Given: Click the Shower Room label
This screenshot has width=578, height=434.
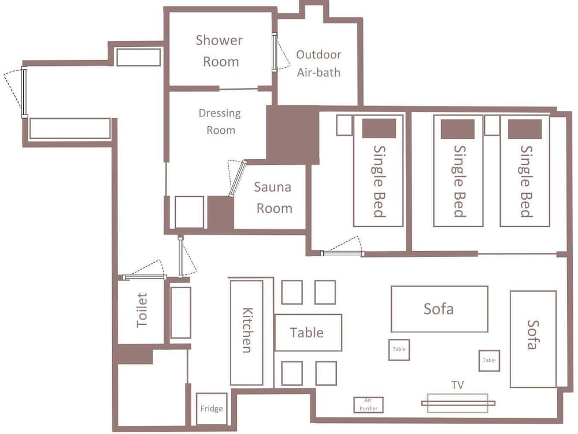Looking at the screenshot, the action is pos(219,50).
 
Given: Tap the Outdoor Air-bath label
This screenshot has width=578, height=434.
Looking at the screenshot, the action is pos(318,64).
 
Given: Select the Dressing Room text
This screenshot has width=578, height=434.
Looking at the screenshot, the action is pos(220,122).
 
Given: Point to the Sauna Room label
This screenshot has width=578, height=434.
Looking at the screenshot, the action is pos(273,197).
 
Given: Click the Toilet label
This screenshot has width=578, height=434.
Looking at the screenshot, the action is pos(142,310).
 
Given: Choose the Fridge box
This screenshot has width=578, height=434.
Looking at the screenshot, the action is pos(211,409).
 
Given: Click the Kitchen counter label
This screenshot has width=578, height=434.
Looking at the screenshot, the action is pos(247,330).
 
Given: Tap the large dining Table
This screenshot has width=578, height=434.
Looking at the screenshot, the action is pos(308,333).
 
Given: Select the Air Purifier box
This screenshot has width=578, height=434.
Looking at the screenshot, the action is pos(368,404).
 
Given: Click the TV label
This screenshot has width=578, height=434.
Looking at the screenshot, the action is pos(457,385).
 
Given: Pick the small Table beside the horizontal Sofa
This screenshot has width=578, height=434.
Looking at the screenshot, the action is pos(399,350).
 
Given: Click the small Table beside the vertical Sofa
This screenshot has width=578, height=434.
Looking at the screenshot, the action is pos(489,361).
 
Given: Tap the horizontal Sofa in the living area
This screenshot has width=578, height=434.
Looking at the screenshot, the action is pos(439,309).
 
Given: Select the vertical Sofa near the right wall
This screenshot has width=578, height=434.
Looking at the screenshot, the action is pos(533,339).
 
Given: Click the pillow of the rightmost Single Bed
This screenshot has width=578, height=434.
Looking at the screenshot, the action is pos(525,129).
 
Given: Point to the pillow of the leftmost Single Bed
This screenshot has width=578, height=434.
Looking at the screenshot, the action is pos(379,128).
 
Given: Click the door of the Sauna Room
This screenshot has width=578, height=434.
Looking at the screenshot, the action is pos(238,179).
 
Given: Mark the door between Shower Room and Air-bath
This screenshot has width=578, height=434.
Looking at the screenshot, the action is pos(275,52).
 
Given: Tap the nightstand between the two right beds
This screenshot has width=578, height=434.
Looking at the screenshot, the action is pos(492,126).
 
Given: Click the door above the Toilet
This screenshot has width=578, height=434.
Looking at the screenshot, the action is pos(144,277).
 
